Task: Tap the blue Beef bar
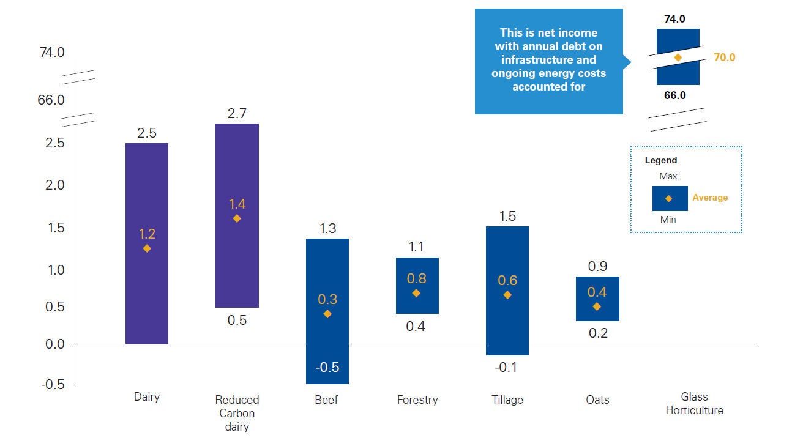[327, 275]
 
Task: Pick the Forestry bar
[417, 306]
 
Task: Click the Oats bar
[597, 315]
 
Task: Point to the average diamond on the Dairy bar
[147, 248]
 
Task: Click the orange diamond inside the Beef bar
[327, 314]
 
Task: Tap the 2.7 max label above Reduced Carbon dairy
[237, 113]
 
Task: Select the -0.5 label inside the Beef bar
[327, 368]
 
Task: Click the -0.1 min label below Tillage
[507, 367]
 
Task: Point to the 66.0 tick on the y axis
[51, 100]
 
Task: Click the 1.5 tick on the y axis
[55, 228]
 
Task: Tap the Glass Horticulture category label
[694, 404]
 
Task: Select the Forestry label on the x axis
[417, 399]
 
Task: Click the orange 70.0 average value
[724, 58]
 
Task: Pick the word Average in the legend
[710, 198]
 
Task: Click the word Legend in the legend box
[661, 160]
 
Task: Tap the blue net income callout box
[548, 61]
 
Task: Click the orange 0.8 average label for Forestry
[417, 278]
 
